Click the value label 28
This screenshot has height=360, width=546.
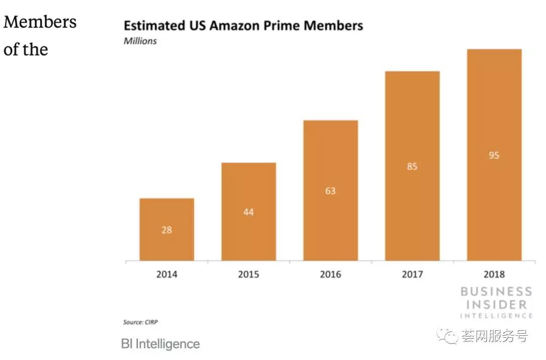[x=166, y=230]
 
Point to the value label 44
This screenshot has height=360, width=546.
[x=248, y=212]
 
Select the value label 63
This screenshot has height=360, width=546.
[x=330, y=191]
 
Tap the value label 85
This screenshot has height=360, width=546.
[x=412, y=166]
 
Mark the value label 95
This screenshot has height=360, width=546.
[x=494, y=155]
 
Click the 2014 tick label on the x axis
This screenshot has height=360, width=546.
[x=166, y=275]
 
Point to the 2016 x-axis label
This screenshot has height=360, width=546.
[x=330, y=275]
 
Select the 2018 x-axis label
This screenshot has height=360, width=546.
[x=494, y=275]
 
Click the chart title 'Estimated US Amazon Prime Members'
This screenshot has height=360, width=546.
[x=243, y=26]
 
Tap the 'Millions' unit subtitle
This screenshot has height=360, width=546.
[x=140, y=41]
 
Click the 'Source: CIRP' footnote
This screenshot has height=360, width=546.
[x=144, y=322]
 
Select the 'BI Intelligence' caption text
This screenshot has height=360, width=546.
[x=160, y=344]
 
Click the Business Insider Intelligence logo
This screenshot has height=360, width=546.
[x=496, y=302]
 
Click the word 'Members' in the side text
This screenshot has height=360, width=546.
[x=40, y=22]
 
